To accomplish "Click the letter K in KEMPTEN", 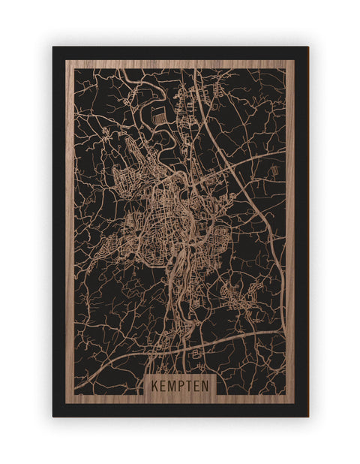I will pyautogui.click(x=154, y=384).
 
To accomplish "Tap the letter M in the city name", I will pyautogui.click(x=172, y=384).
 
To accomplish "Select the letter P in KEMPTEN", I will pyautogui.click(x=181, y=384).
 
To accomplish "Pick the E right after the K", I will pyautogui.click(x=162, y=384).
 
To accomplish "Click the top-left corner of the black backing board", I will pyautogui.click(x=53, y=47).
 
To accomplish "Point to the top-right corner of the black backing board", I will pyautogui.click(x=307, y=47).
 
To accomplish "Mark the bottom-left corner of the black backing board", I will pyautogui.click(x=53, y=416).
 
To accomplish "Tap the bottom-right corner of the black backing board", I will pyautogui.click(x=307, y=416).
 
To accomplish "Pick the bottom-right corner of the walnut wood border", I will pyautogui.click(x=294, y=403).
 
